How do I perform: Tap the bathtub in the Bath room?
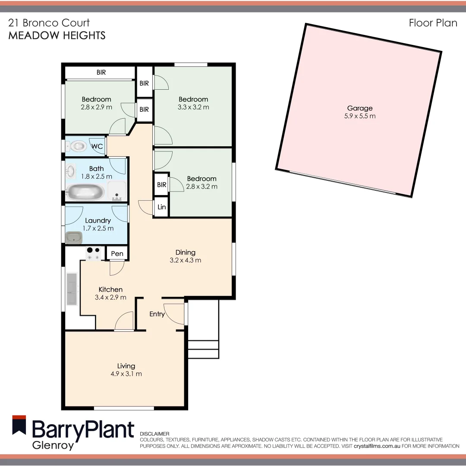tap(85, 192)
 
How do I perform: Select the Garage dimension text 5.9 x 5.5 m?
tap(360, 116)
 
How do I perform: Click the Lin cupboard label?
tap(162, 207)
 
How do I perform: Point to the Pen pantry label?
tap(117, 254)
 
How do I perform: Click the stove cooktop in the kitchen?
tap(94, 253)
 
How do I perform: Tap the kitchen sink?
tap(72, 288)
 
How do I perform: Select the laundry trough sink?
tap(74, 237)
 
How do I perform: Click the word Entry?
tap(157, 314)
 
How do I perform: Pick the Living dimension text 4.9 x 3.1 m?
tap(126, 374)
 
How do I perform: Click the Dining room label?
tap(186, 252)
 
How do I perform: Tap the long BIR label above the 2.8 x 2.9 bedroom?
tap(101, 72)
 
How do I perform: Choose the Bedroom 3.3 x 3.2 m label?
tap(193, 103)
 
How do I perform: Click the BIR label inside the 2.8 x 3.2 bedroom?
tap(162, 185)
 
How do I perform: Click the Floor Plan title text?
tap(433, 23)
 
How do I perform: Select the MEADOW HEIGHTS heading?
tap(57, 35)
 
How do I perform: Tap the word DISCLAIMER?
tap(155, 434)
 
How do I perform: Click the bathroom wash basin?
tap(71, 171)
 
